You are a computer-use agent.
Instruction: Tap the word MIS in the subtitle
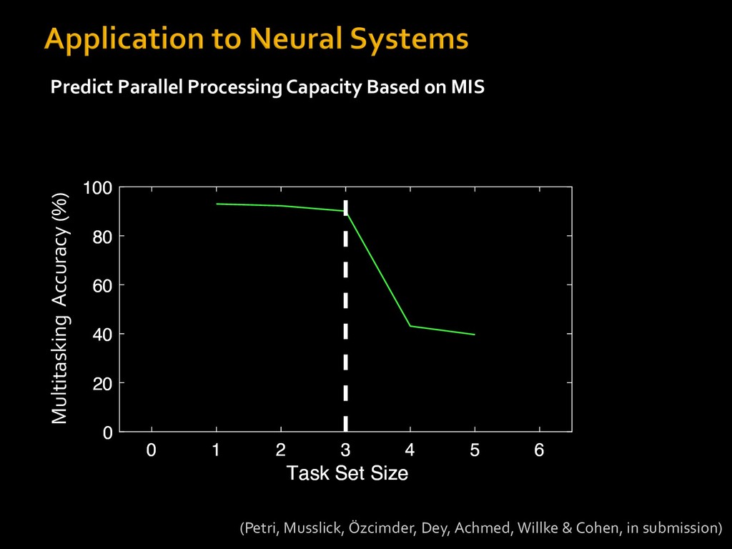(x=468, y=86)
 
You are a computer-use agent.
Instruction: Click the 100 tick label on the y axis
(x=97, y=188)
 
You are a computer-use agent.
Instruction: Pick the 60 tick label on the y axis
(x=102, y=285)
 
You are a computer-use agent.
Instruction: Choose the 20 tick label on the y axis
(x=102, y=383)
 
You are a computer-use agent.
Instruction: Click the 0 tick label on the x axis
(x=152, y=450)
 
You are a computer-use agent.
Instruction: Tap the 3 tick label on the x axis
(x=345, y=450)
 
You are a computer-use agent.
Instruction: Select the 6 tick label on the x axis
(x=539, y=450)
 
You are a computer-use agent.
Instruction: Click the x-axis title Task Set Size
(x=347, y=473)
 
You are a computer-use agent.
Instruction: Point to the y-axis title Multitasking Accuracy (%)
(x=60, y=308)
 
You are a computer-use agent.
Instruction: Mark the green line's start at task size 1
(x=217, y=204)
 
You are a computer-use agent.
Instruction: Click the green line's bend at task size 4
(x=410, y=326)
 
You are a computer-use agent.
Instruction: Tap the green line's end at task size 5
(x=475, y=335)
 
